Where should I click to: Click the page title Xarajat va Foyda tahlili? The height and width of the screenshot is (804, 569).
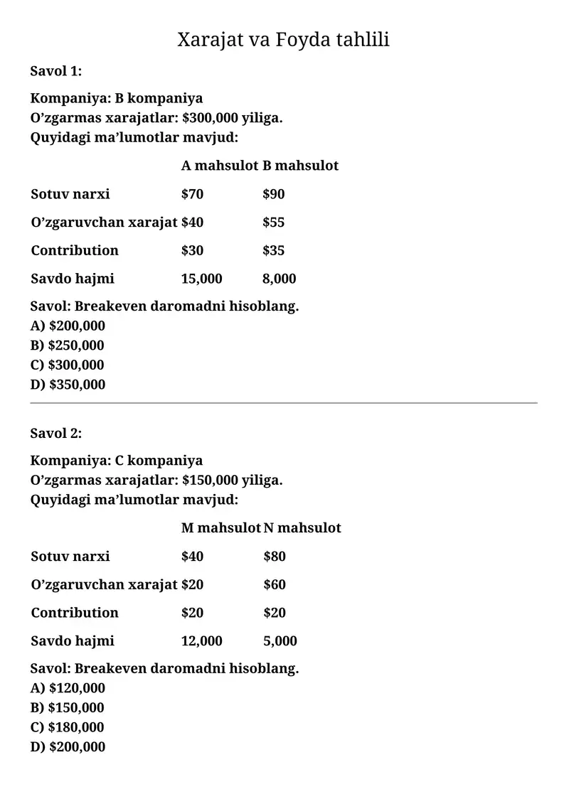coord(283,39)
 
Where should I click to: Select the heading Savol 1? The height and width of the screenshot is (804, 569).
coord(56,70)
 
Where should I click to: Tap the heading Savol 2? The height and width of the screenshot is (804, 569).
coord(56,433)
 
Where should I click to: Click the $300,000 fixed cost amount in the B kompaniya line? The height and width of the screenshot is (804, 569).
coord(211,117)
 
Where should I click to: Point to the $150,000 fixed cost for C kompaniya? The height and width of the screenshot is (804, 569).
coord(211,480)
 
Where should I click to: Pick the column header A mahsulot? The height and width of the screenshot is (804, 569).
coord(219,166)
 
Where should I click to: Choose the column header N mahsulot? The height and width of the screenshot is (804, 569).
coord(302,527)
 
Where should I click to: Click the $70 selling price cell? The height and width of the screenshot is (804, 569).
coord(192,194)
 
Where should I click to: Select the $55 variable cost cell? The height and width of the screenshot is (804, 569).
coord(273,223)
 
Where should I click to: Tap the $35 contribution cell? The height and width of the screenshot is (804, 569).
coord(273,250)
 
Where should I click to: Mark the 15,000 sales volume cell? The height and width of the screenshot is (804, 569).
coord(201,279)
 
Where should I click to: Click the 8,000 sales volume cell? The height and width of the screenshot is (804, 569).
coord(279,279)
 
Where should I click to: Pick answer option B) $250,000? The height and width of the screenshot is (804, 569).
coord(68,345)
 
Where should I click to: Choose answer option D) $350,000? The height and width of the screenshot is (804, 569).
coord(68,385)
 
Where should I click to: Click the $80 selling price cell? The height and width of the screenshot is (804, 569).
coord(275,556)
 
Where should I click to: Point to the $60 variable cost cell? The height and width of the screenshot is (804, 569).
coord(275,584)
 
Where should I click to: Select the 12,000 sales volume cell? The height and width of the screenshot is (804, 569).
coord(201,640)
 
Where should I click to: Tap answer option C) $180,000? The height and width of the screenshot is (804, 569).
coord(68,727)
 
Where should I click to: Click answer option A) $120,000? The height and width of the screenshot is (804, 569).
coord(68,688)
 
